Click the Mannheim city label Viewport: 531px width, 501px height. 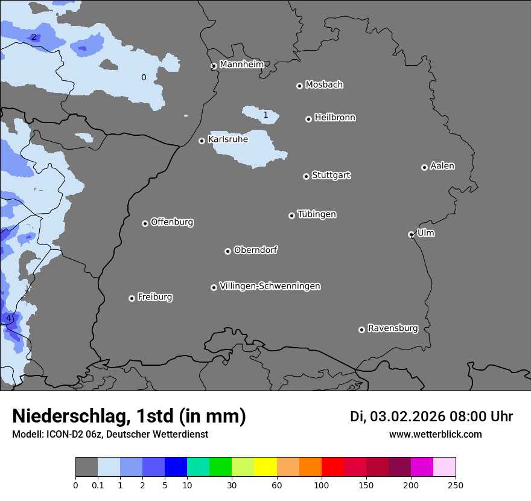click(x=242, y=65)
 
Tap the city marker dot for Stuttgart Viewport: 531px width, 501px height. click(x=306, y=176)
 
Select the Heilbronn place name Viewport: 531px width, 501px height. click(x=335, y=118)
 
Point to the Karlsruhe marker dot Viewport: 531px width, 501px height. click(x=202, y=141)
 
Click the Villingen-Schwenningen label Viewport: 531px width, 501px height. click(x=270, y=286)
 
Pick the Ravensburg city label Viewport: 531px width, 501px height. click(x=393, y=328)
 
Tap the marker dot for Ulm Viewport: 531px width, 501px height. click(x=411, y=234)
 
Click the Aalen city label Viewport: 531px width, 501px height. click(x=442, y=166)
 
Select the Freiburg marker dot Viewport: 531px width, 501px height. click(x=132, y=298)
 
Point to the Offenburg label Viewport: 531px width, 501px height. click(x=172, y=222)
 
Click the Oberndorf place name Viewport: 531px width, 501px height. click(x=256, y=250)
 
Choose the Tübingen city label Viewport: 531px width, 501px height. click(x=317, y=214)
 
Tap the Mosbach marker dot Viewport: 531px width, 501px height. click(x=299, y=86)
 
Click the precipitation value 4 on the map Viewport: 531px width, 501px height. click(x=8, y=318)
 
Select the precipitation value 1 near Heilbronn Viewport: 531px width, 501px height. click(x=265, y=115)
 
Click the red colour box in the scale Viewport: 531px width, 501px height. click(x=332, y=467)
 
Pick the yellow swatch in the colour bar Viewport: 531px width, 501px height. click(x=265, y=467)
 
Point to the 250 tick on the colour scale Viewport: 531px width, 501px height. click(x=456, y=485)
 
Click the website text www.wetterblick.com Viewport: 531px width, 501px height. click(x=435, y=435)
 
